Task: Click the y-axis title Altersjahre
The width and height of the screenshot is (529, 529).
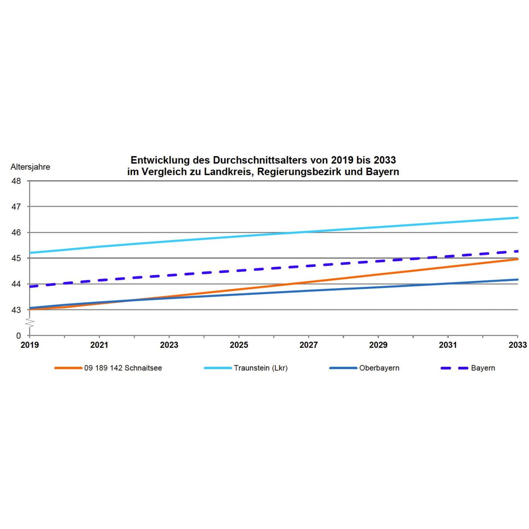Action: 30,167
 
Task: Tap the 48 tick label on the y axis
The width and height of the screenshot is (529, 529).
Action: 16,181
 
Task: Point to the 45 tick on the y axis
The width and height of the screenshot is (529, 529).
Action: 16,258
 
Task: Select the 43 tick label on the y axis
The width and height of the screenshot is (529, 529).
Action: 16,310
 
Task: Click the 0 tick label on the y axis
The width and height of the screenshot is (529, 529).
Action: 18,336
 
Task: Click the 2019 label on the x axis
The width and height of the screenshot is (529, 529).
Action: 29,345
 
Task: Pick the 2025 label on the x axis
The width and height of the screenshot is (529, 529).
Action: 239,345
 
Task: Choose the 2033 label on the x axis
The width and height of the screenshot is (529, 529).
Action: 517,345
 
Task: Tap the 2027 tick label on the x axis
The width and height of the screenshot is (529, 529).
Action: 309,345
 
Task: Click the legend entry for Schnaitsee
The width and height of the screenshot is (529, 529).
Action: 123,368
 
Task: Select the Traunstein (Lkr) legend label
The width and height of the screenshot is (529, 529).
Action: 261,368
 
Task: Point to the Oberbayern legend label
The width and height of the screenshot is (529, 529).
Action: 379,368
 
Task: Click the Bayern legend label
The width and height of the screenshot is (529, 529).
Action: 483,368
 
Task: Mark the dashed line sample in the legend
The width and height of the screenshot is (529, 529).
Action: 454,368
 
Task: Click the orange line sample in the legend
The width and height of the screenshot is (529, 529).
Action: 68,368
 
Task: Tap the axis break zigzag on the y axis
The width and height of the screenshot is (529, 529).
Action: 29,322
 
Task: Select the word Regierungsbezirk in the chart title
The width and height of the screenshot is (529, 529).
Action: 299,172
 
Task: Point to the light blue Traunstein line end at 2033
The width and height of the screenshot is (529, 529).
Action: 517,218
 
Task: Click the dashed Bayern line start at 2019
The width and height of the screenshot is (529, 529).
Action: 30,287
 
